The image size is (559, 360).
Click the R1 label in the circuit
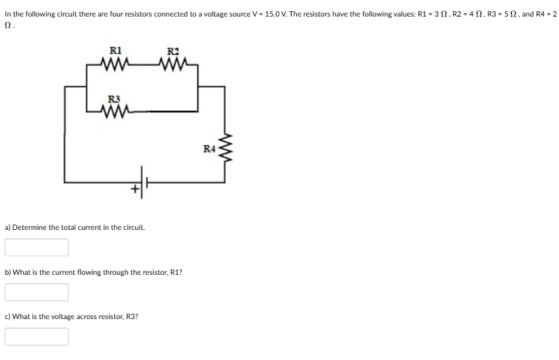coord(115,49)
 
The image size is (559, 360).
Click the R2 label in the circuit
coord(173,52)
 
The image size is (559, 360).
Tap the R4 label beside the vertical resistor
coord(209,149)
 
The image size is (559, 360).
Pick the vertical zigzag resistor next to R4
coord(224,151)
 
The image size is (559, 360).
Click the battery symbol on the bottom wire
coord(144,180)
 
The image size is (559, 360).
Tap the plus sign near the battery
coord(135,190)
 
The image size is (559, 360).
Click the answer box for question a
coord(36,247)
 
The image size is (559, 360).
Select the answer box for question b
coord(36,292)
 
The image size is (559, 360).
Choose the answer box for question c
coord(36,337)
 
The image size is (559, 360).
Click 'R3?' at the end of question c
coord(132,316)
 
